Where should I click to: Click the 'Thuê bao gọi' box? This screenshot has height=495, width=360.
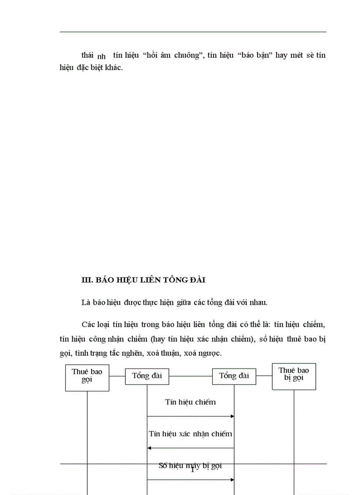87,378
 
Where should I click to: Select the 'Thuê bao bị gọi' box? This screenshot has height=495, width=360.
294,376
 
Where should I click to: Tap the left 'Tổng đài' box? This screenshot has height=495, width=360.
147,376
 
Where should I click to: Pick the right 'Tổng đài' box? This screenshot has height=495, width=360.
234,376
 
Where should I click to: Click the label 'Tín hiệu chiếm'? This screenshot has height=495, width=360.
191,402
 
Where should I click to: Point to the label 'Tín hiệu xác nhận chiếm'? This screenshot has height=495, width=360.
190,434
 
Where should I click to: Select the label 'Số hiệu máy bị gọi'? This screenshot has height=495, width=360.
190,466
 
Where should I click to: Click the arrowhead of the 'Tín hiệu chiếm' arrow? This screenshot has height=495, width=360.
232,416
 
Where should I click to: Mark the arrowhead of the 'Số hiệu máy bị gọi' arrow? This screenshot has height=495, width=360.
232,480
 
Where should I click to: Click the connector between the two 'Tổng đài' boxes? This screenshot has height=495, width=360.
191,376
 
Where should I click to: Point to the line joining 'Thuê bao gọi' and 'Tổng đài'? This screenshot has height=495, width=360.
117,376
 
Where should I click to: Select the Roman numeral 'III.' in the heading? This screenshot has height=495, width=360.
87,280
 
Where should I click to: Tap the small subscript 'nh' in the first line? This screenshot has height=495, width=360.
101,57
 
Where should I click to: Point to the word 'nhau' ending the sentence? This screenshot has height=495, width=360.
257,302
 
